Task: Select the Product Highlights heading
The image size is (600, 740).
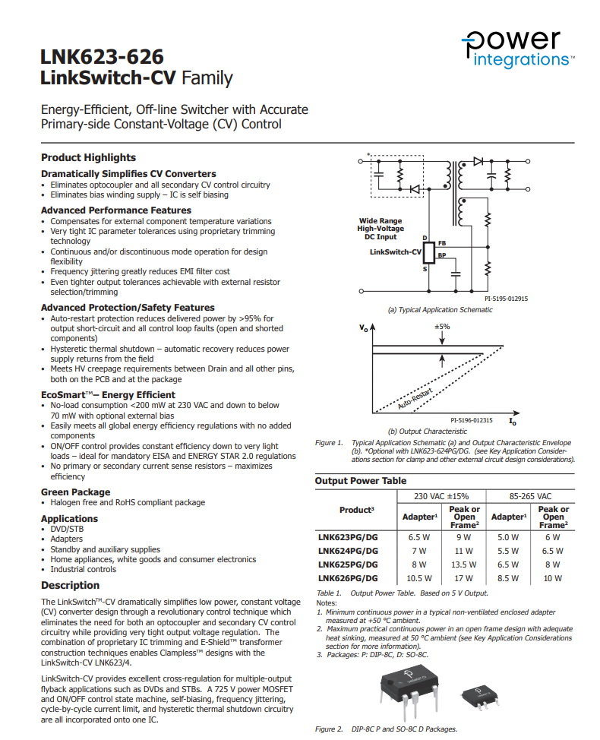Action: pos(88,158)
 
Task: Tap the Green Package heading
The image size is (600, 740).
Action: pos(75,492)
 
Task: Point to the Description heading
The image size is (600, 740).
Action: pos(70,585)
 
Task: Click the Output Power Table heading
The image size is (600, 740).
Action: pos(361,481)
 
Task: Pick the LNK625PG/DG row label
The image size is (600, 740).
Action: pos(347,564)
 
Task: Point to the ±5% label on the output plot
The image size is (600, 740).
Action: pos(442,326)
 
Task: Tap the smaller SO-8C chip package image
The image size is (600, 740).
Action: pos(481,692)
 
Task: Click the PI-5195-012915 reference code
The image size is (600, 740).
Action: pos(506,299)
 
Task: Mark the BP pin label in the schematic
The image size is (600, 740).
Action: pos(442,256)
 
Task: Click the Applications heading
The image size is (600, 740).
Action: pos(69,519)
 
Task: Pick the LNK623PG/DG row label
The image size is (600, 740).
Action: pos(347,536)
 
